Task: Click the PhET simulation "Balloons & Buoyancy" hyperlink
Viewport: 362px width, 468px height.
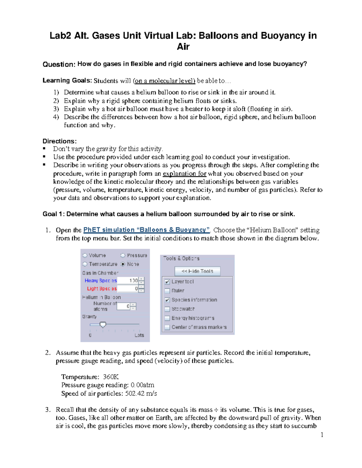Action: (x=146, y=230)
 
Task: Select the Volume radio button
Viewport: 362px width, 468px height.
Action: (x=85, y=256)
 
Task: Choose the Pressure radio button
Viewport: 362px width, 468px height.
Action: (x=123, y=256)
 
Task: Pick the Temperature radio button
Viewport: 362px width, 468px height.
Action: (x=85, y=264)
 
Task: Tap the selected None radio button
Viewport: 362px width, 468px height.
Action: (x=123, y=264)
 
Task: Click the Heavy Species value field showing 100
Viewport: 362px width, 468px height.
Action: (x=128, y=281)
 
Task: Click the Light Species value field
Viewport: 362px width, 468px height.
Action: (x=128, y=289)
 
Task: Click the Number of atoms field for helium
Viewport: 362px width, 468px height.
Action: (x=124, y=306)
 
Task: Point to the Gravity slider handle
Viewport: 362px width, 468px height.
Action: (x=103, y=325)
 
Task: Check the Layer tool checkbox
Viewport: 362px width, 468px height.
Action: (x=167, y=282)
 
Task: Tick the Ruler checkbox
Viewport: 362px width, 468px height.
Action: (x=167, y=291)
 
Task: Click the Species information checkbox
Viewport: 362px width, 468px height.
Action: (x=167, y=300)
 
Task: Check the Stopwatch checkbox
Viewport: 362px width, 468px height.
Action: (x=167, y=309)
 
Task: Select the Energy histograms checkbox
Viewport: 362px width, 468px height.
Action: (x=167, y=318)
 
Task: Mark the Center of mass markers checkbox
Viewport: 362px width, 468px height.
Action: (x=167, y=327)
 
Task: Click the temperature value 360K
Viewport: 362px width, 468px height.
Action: (x=111, y=377)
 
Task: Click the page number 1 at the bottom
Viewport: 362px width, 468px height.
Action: (x=322, y=435)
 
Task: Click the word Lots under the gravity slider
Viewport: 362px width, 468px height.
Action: (x=139, y=335)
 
